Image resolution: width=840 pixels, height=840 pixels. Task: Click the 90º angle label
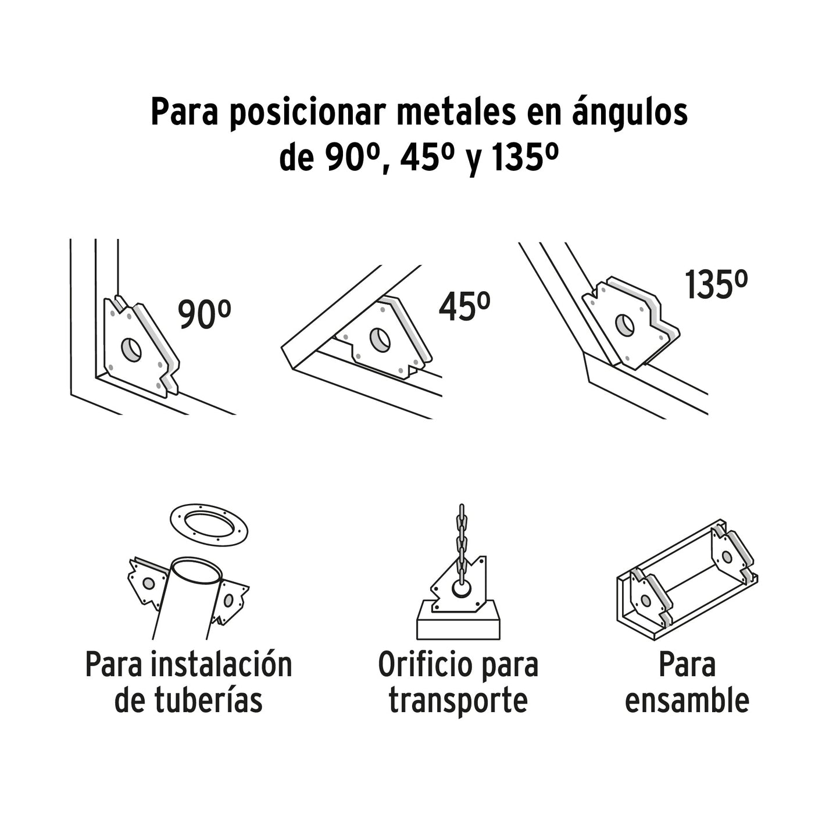pos(204,316)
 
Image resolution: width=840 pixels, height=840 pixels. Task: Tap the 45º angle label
pos(464,308)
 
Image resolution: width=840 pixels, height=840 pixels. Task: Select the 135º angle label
pos(715,285)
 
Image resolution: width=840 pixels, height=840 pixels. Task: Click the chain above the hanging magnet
pos(462,538)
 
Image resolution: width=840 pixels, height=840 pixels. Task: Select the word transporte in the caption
pos(458,700)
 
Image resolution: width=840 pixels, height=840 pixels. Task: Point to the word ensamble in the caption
pos(687,700)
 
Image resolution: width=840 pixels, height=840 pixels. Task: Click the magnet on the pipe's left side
pos(145,582)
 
